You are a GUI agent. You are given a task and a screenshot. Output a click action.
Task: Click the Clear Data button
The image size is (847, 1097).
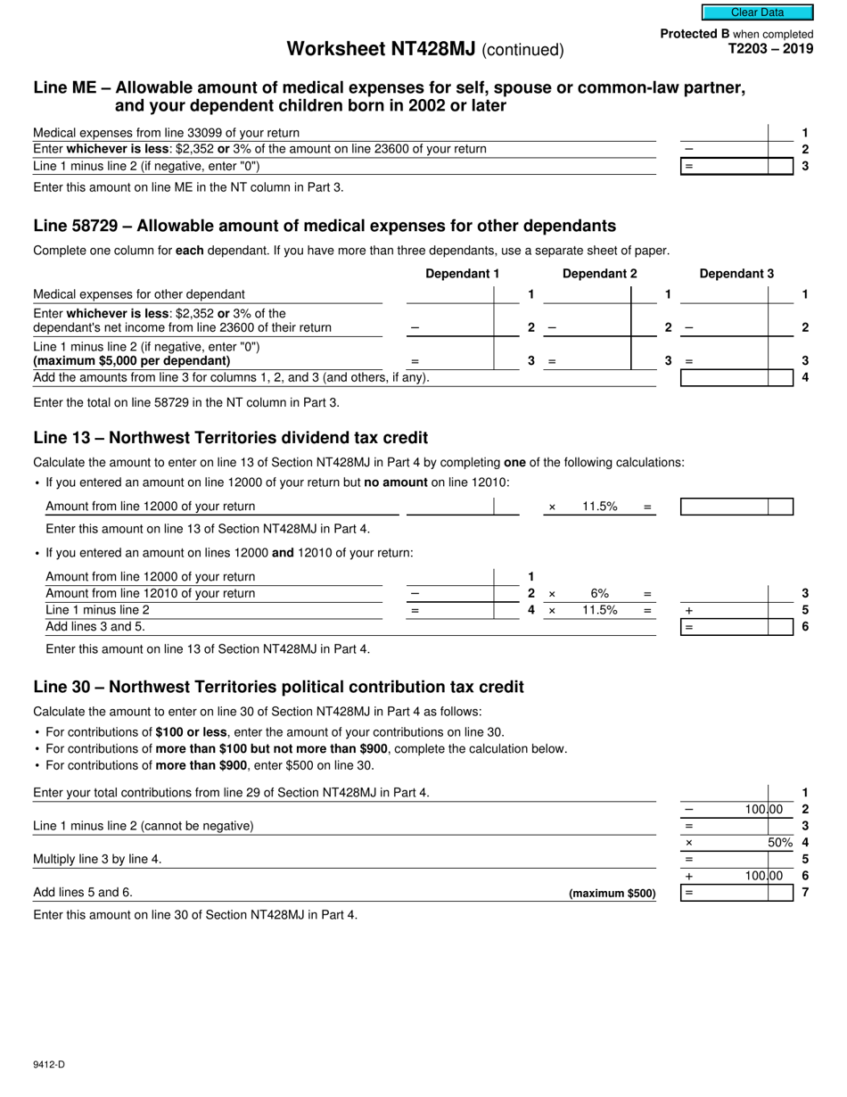(757, 12)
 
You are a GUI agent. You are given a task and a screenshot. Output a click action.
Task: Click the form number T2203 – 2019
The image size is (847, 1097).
(770, 49)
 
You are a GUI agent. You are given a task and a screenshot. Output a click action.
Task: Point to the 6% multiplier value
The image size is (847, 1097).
(599, 593)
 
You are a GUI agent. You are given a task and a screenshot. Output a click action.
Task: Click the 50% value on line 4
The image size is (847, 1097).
(780, 842)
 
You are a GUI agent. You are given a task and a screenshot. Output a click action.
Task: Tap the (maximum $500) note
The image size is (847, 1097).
(612, 893)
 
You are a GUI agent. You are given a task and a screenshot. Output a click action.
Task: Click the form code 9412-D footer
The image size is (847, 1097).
(49, 1064)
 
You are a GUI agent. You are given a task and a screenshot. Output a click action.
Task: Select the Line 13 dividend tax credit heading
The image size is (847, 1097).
(230, 438)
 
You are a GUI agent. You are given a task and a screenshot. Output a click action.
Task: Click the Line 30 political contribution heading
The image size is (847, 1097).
(278, 687)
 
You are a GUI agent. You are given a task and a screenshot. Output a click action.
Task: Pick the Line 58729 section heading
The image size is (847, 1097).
(325, 226)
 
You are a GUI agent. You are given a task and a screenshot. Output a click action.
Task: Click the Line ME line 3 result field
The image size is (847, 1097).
(736, 166)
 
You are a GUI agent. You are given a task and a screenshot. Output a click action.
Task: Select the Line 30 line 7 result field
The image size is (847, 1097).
(736, 893)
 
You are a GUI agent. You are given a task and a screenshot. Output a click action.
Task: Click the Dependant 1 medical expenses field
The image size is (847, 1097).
(449, 294)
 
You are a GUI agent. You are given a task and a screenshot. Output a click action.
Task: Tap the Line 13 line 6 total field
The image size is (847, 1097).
(736, 627)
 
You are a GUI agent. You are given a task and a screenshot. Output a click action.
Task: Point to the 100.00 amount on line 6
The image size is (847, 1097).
(764, 876)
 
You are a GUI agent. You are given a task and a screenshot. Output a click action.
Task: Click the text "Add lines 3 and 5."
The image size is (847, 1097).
(95, 626)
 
